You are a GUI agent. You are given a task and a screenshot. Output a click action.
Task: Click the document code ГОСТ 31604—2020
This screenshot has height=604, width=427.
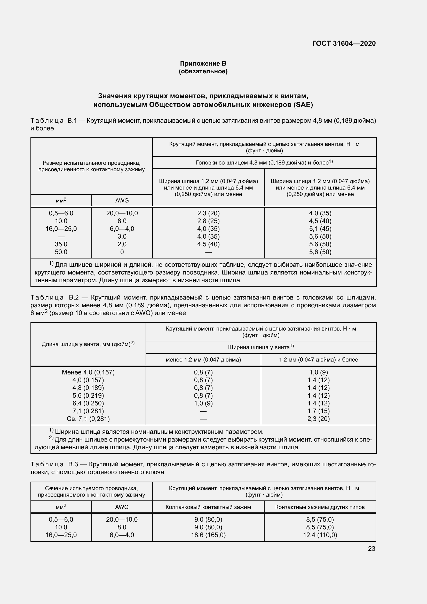(344, 43)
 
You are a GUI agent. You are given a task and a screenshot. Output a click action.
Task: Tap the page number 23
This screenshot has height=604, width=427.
(371, 548)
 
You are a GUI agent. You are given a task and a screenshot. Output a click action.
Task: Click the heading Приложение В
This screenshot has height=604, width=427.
(203, 64)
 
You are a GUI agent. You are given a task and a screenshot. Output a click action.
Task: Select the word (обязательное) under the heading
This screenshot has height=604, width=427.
(203, 71)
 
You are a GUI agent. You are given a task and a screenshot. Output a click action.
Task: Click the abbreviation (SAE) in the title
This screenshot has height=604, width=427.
(303, 105)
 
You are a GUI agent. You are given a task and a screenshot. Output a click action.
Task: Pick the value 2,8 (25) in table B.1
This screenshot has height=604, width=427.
(208, 221)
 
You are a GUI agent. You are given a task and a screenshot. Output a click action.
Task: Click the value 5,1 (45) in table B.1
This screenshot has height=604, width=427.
(320, 229)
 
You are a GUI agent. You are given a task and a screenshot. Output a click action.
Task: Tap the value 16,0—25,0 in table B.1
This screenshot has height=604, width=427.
(61, 229)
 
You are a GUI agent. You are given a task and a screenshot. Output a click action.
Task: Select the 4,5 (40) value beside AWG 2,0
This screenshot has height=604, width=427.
(208, 244)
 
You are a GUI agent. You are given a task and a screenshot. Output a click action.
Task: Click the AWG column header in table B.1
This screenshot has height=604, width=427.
(122, 200)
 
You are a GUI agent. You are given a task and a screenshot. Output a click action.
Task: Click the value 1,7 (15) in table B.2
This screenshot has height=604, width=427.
(318, 411)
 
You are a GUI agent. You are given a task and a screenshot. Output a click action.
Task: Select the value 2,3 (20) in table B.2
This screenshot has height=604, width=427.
(318, 419)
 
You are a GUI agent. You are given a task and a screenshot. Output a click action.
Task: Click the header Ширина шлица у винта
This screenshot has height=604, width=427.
(260, 347)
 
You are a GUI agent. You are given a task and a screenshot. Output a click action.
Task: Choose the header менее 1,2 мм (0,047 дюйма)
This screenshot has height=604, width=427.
(203, 360)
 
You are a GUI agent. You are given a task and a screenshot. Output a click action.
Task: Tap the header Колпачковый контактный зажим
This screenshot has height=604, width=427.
(208, 507)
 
